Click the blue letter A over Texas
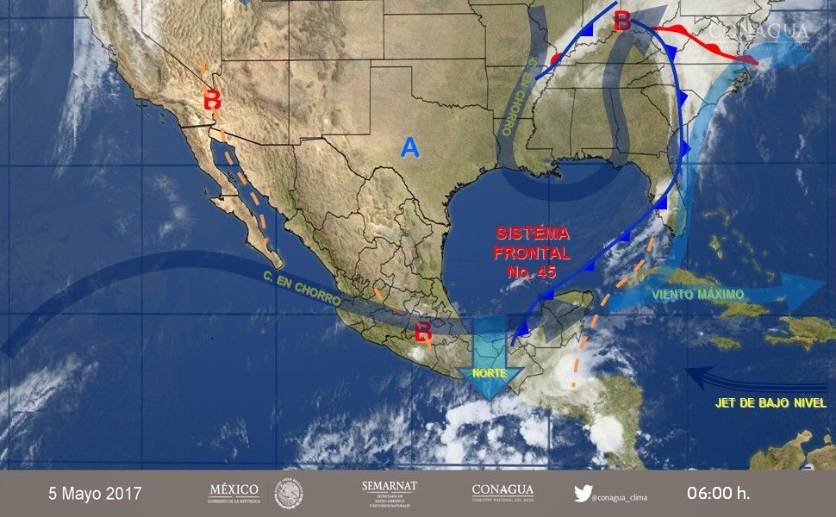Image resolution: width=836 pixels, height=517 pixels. point(410,149)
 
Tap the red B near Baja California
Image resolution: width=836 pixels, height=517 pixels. point(212,99)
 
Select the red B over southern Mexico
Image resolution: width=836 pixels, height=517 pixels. point(423,331)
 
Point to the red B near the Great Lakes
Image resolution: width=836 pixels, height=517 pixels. point(621,22)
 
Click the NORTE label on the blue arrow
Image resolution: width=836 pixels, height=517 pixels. point(489,374)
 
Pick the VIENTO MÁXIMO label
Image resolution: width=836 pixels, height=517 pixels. point(699,294)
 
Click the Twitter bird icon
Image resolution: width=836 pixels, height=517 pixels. point(583,494)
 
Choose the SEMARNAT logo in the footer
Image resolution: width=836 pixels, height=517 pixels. point(390,493)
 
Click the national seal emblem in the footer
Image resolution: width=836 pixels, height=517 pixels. point(289,494)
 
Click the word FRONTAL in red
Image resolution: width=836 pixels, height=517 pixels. point(533,253)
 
